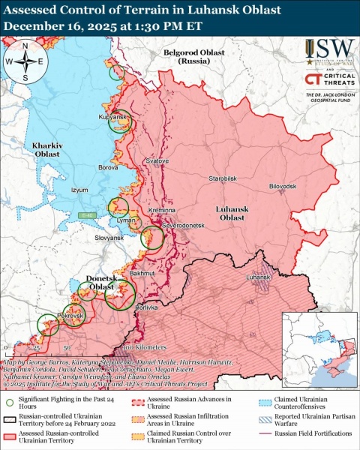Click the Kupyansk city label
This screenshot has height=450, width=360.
(112, 118)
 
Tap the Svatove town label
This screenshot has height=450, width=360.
(157, 161)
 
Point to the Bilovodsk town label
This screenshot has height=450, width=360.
(283, 185)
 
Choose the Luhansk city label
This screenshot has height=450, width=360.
(256, 277)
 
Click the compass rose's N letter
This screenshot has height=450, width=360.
(25, 46)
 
